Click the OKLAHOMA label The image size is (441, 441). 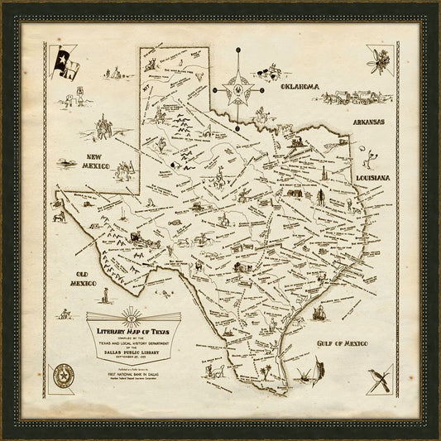tap(301, 87)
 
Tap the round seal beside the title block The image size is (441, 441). tap(62, 376)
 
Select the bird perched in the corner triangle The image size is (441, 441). tap(381, 378)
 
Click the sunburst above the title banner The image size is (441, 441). tap(132, 314)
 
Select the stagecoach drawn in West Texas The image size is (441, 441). tap(136, 240)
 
